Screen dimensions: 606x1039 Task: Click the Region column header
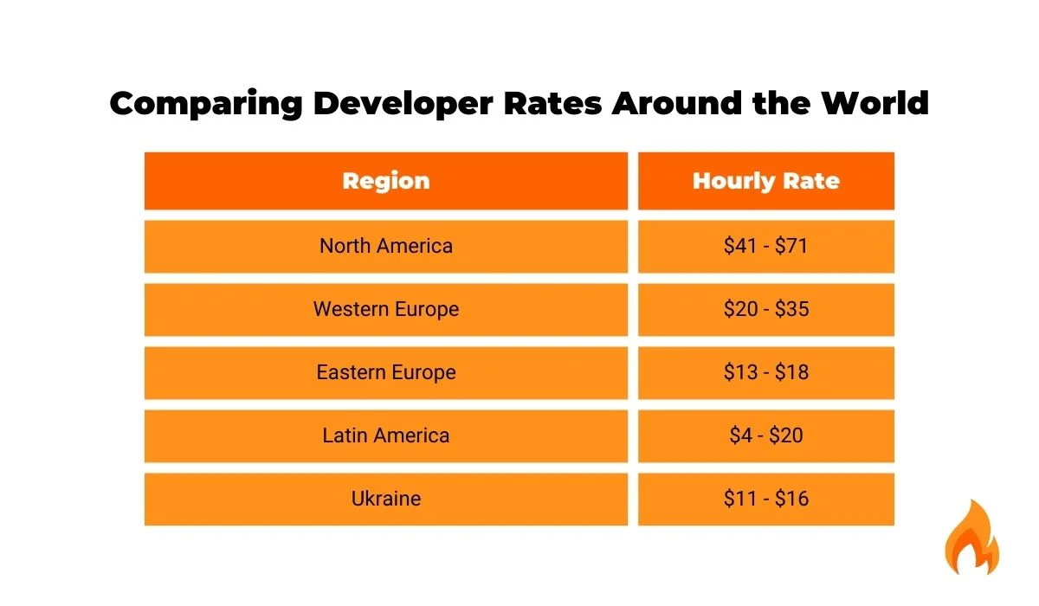click(x=386, y=181)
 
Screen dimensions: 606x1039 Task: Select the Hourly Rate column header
click(x=766, y=181)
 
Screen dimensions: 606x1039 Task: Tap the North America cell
click(x=386, y=246)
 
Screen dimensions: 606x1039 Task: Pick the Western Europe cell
click(x=386, y=309)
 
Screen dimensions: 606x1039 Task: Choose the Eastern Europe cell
click(x=386, y=372)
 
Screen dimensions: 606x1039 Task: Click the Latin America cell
click(x=386, y=435)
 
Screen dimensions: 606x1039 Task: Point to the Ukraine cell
click(x=386, y=499)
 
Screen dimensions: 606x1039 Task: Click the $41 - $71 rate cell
click(x=766, y=246)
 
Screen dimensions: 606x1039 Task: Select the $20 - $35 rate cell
click(x=766, y=309)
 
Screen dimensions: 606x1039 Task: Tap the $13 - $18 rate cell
click(x=766, y=372)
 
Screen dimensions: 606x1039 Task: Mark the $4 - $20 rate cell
click(x=766, y=435)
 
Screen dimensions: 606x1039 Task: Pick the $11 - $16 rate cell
click(x=766, y=499)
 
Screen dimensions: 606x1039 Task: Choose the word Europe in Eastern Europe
click(x=422, y=372)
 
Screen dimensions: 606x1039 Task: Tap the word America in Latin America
click(x=411, y=435)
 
